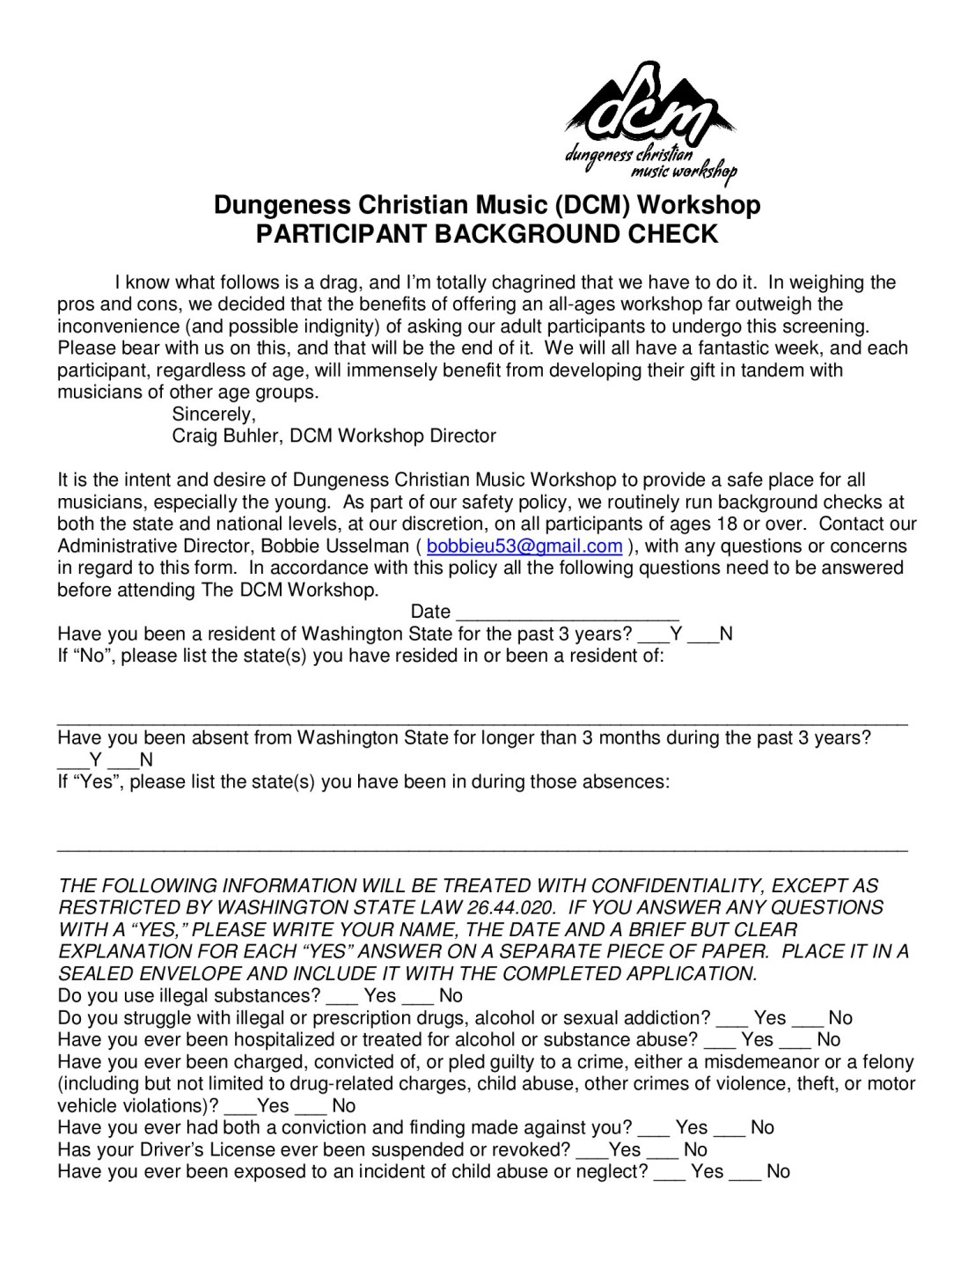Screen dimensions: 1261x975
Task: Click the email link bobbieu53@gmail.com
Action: pos(524,546)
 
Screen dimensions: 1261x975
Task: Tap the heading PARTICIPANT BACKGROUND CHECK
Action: pos(487,234)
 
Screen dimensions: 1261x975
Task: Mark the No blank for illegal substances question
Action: pos(417,997)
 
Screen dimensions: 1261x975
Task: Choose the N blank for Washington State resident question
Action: pos(703,634)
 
